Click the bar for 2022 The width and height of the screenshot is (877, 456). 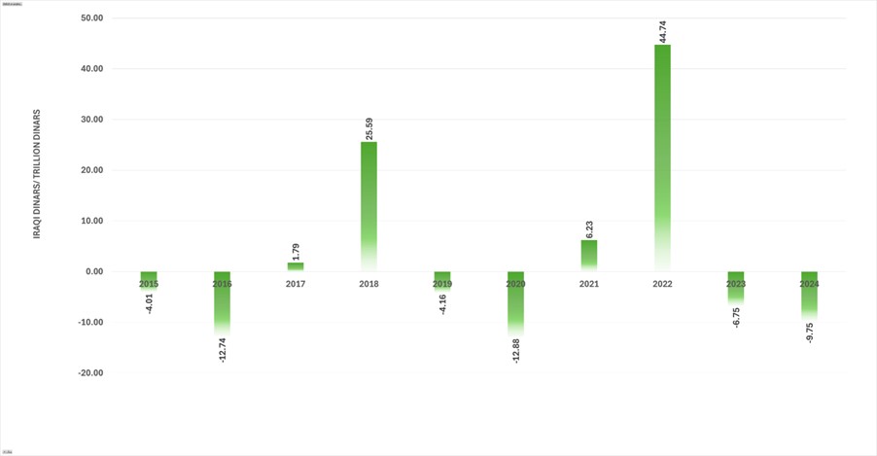coord(662,156)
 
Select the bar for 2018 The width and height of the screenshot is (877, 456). coord(368,204)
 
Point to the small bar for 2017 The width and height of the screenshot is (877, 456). coord(296,266)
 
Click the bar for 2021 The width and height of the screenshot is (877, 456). coord(589,255)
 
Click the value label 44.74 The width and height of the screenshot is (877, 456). coord(663,29)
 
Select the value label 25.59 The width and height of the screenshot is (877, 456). coord(369,128)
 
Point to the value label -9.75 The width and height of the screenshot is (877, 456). coord(810,333)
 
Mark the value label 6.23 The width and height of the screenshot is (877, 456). coord(589,230)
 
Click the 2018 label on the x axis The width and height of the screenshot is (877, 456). coord(368,284)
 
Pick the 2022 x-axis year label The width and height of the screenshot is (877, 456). coord(662,284)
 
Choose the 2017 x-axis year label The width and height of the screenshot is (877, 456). coord(296,284)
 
